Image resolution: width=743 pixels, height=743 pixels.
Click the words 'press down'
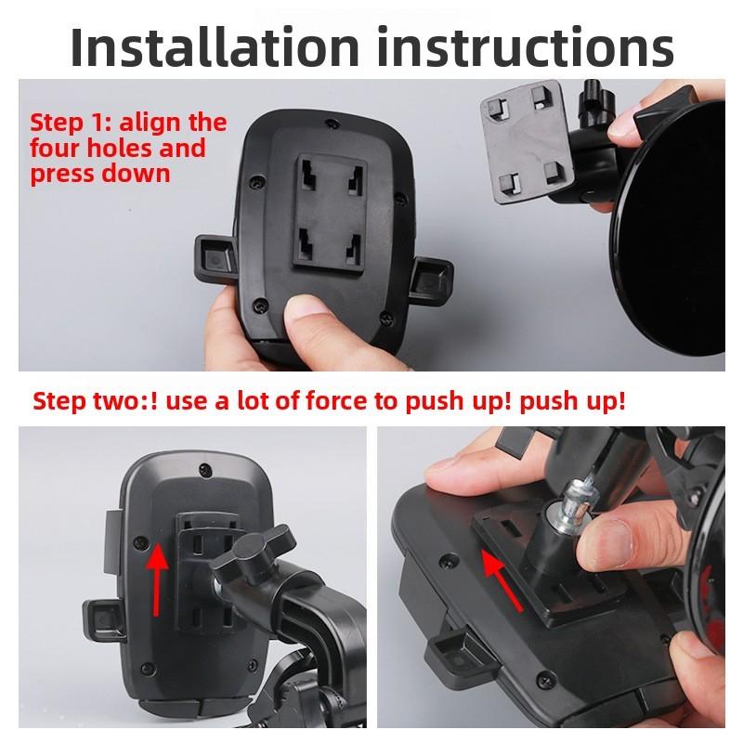(x=99, y=174)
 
